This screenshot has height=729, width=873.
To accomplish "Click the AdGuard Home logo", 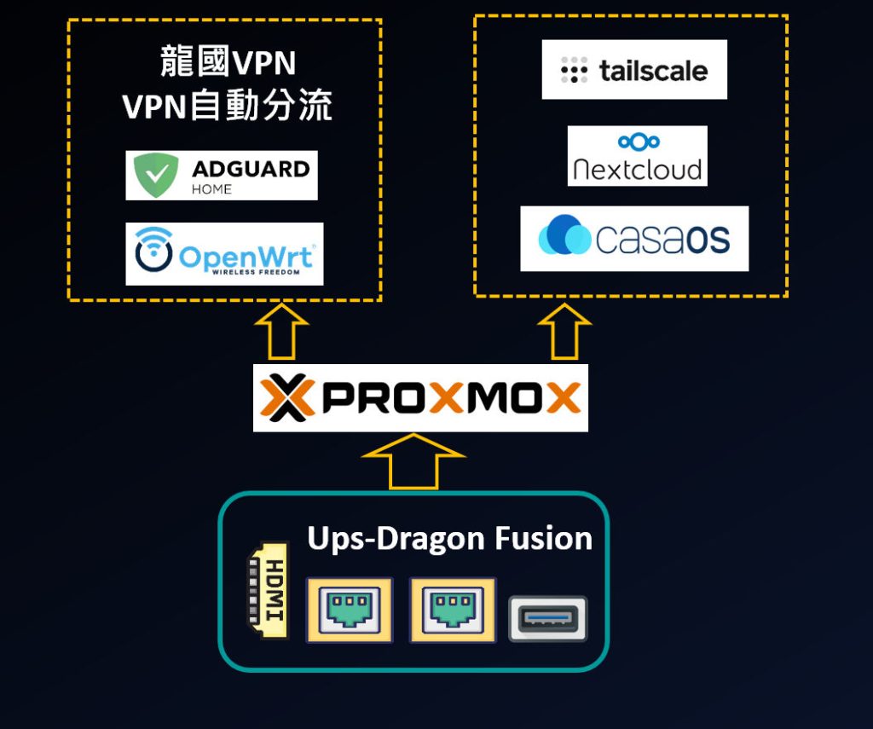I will pyautogui.click(x=222, y=176).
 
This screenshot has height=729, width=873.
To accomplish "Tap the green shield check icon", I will pyautogui.click(x=154, y=176).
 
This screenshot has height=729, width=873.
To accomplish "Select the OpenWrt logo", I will pyautogui.click(x=224, y=254).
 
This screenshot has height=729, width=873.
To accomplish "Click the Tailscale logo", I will pyautogui.click(x=634, y=70).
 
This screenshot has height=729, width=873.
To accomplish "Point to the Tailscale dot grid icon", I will pyautogui.click(x=575, y=71).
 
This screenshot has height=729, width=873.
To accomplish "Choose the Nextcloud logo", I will pyautogui.click(x=638, y=156).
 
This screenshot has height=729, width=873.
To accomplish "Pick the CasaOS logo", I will pyautogui.click(x=634, y=239).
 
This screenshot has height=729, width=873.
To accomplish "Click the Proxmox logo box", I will pyautogui.click(x=420, y=398).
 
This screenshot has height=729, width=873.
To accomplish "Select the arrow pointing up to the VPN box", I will pyautogui.click(x=281, y=333).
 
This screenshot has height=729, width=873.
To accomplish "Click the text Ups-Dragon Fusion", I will pyautogui.click(x=449, y=539).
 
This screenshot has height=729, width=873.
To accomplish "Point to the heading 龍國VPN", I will pyautogui.click(x=228, y=62).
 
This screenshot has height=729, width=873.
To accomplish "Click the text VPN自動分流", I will pyautogui.click(x=227, y=107).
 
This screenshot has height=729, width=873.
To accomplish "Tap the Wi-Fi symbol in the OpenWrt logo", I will pyautogui.click(x=154, y=250).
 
